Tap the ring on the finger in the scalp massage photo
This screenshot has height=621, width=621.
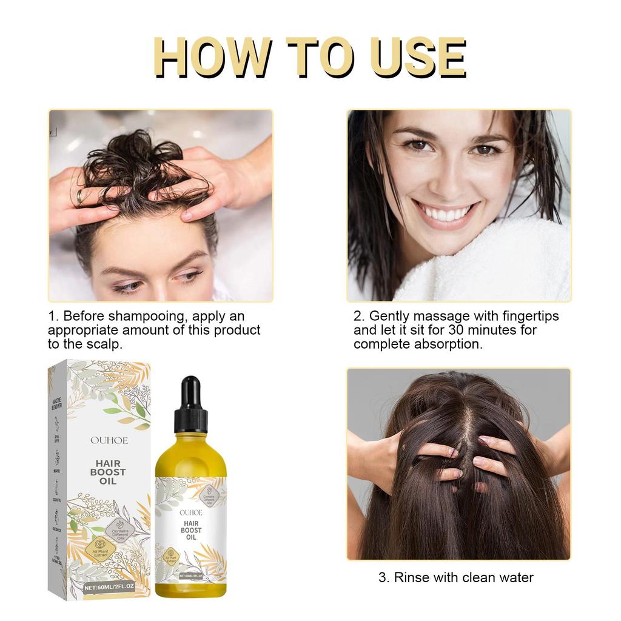tap(79, 196)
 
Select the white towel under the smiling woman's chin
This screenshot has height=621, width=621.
tap(497, 267)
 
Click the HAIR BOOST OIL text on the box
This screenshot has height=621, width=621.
tap(107, 472)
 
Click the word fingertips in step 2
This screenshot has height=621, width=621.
tap(525, 317)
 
